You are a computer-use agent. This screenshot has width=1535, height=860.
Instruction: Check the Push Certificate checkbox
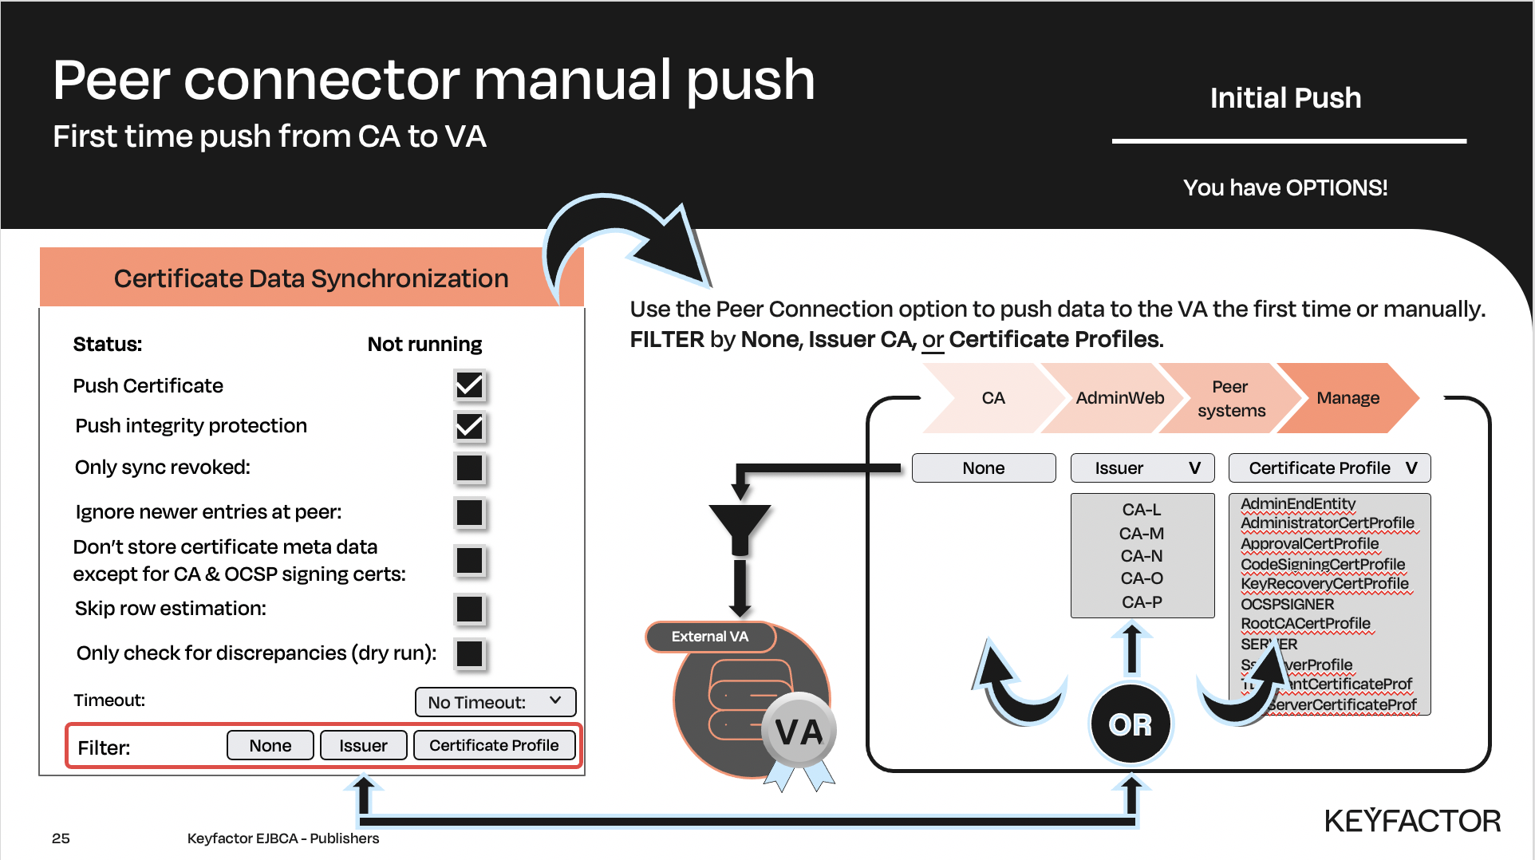tap(469, 386)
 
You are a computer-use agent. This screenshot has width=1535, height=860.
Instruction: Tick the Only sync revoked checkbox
tap(469, 467)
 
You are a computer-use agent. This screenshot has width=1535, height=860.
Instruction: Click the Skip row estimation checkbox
tap(469, 609)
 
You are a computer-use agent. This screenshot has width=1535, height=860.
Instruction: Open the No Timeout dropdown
tap(495, 702)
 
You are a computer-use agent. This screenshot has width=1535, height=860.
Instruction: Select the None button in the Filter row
tap(270, 745)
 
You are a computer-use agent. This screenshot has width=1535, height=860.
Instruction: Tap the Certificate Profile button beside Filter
tap(494, 745)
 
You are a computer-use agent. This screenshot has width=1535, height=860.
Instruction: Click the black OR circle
tap(1131, 724)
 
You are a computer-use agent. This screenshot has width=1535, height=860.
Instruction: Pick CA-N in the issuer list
tap(1142, 556)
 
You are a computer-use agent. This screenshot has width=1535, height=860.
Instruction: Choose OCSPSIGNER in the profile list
tap(1287, 604)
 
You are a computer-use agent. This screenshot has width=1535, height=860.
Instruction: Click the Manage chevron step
tap(1348, 398)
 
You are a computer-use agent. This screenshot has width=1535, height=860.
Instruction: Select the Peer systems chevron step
tap(1230, 398)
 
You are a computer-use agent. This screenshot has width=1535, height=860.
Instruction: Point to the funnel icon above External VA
tap(740, 527)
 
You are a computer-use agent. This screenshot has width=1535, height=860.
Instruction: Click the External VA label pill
tap(710, 637)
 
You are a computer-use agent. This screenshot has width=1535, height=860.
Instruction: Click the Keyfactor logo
tap(1412, 821)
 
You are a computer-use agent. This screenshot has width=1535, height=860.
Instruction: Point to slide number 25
tap(61, 838)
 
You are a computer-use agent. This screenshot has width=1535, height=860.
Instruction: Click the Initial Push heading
tap(1285, 98)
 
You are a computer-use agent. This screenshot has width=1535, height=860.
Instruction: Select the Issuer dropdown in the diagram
tap(1142, 468)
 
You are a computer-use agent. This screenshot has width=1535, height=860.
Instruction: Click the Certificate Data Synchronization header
tap(311, 278)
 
